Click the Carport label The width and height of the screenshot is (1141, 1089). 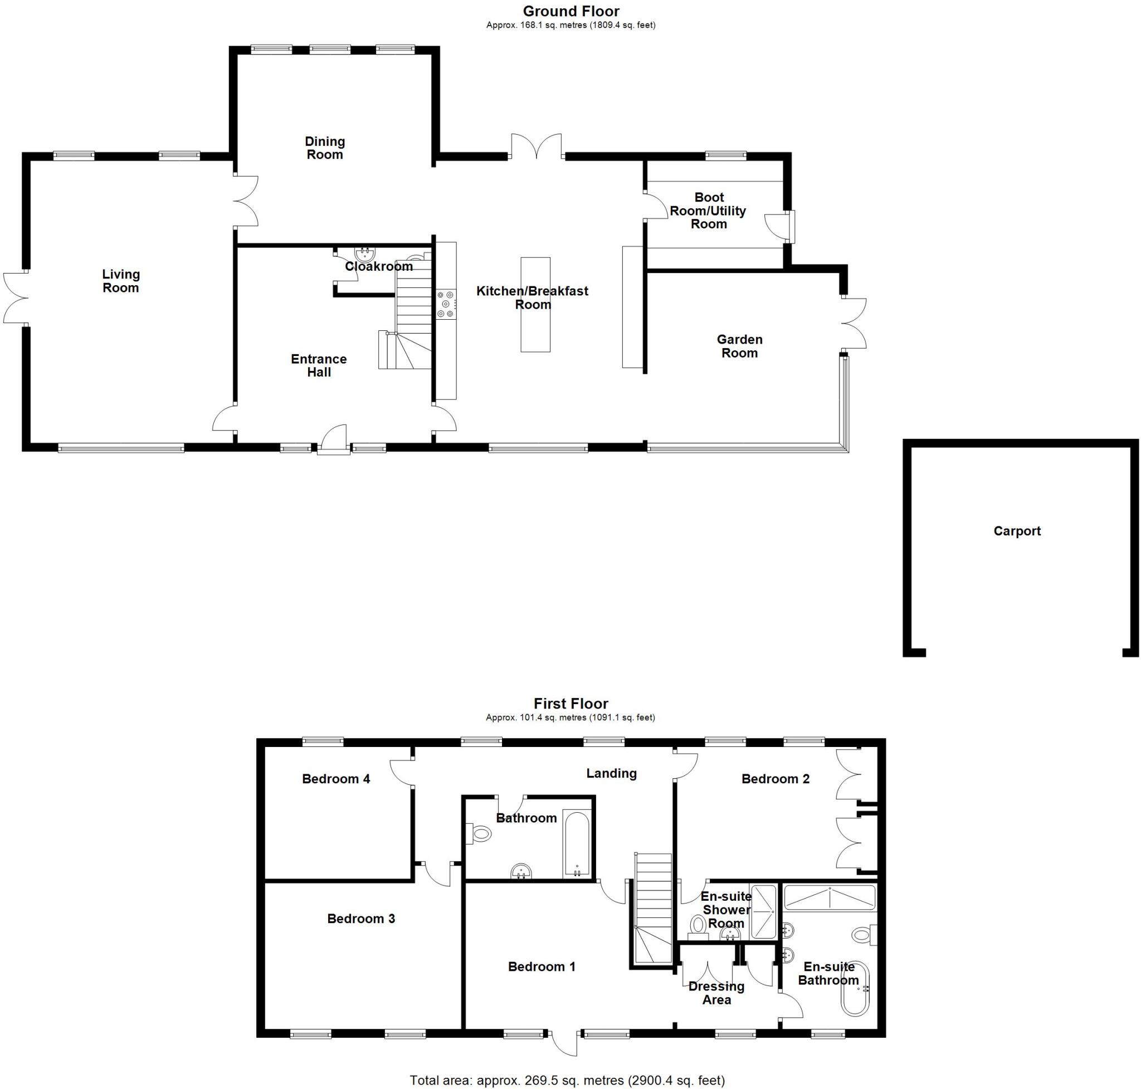(1016, 531)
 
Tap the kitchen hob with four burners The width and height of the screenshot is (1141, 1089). (446, 304)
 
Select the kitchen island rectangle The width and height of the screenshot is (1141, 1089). (535, 305)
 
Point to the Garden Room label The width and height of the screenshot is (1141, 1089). (739, 346)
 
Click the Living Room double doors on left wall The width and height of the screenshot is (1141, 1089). (16, 299)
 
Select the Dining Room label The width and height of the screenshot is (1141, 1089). (325, 148)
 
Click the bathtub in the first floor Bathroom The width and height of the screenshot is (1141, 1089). (577, 844)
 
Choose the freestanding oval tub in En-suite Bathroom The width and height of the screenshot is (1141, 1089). (855, 988)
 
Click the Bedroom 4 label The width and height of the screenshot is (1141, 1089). (335, 779)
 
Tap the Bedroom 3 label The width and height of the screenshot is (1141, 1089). (360, 919)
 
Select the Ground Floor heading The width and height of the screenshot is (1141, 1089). (571, 11)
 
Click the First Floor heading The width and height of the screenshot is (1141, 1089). (571, 704)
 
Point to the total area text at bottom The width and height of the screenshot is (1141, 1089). (567, 1080)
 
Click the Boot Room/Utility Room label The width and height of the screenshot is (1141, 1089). (709, 211)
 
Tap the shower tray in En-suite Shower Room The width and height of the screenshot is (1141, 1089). (763, 911)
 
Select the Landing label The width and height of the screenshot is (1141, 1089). (611, 773)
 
